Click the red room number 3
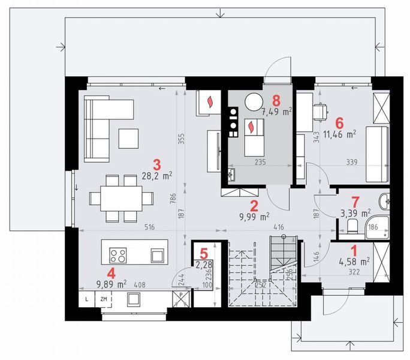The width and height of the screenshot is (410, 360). click(157, 163)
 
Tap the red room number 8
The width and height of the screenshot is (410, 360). click(276, 100)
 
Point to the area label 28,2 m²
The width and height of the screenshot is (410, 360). click(157, 175)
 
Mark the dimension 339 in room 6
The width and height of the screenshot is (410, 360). click(353, 161)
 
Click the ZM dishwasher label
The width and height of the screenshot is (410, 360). click(104, 298)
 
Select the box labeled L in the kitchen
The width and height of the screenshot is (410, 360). click(86, 298)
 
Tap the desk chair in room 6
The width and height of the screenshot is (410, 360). click(322, 110)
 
